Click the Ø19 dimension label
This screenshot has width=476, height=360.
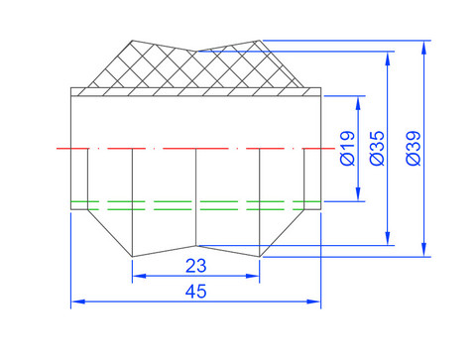point(347,148)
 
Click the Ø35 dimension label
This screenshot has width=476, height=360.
point(377,148)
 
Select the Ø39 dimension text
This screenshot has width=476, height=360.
point(414,148)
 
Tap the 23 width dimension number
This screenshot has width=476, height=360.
point(196,266)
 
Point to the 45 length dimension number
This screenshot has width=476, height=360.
point(196,292)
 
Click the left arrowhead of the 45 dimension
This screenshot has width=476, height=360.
point(78,301)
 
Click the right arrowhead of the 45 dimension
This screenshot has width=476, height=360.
point(313,301)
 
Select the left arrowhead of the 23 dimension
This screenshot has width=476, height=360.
point(139,276)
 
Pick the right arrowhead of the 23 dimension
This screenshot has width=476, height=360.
point(253,276)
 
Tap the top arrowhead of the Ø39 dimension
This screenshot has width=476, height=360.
point(424,48)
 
